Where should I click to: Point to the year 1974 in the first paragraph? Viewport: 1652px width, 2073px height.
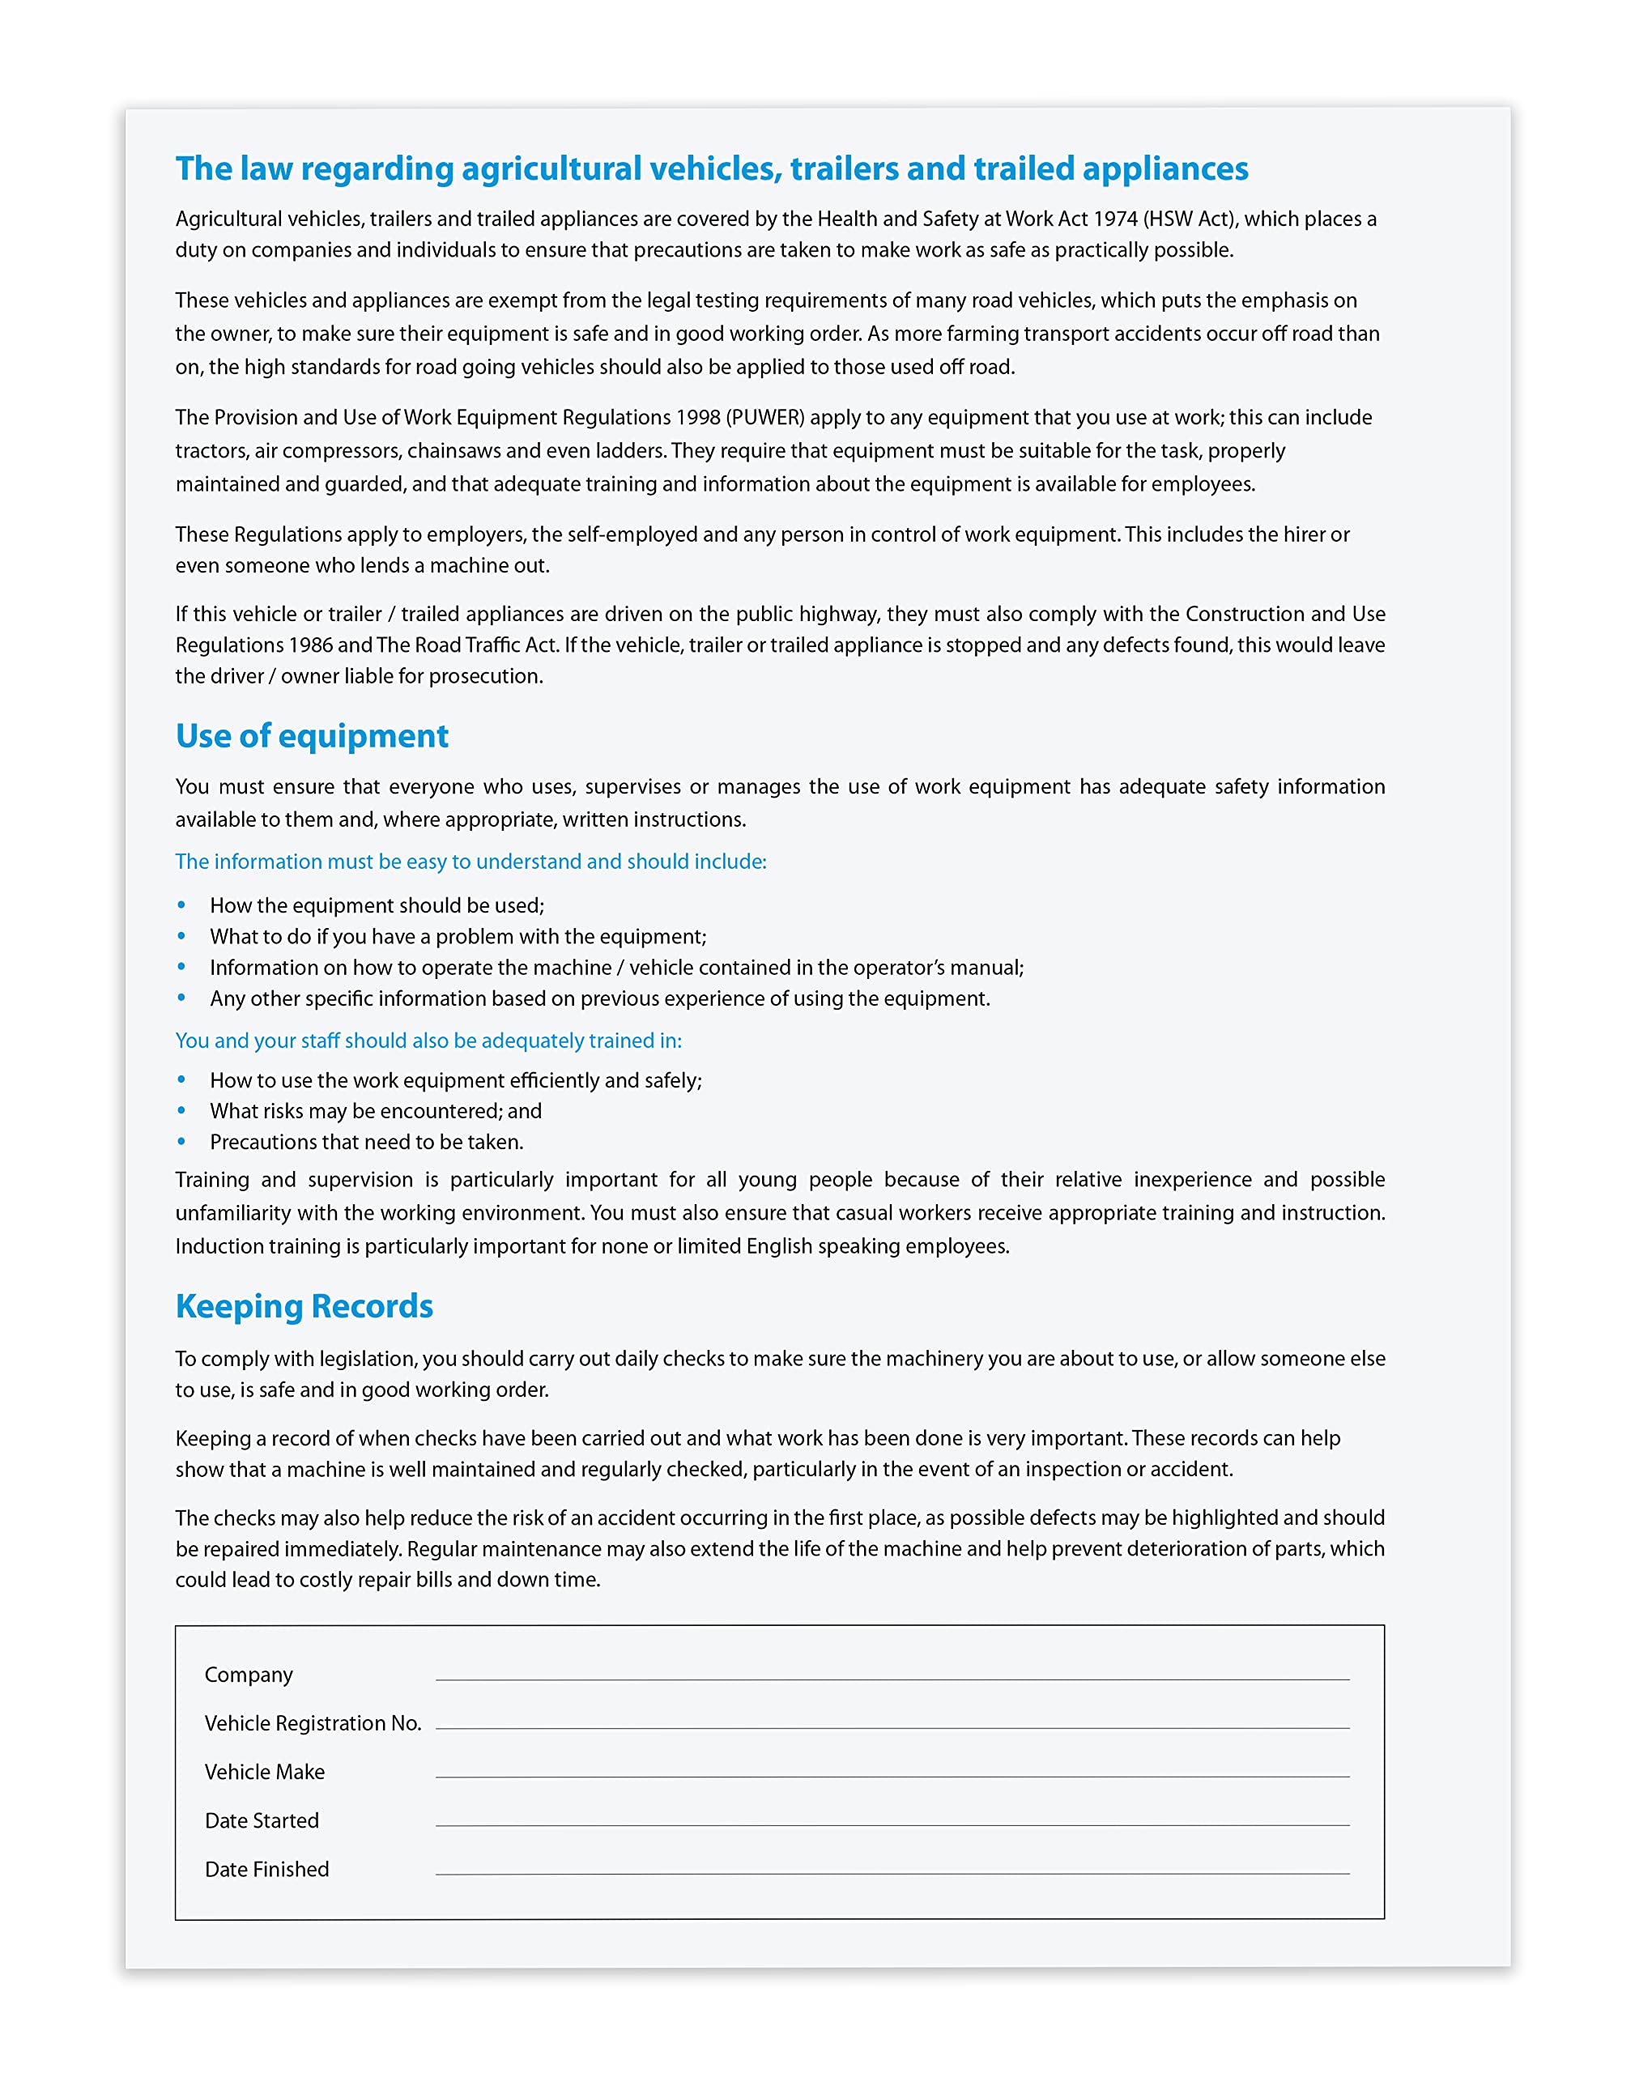[x=1114, y=219]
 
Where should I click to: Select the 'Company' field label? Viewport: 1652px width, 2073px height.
[x=248, y=1675]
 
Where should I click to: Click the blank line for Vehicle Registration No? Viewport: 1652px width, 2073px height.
[x=892, y=1727]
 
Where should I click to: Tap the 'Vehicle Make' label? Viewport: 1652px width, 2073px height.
[x=265, y=1772]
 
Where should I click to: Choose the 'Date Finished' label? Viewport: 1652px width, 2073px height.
[x=266, y=1869]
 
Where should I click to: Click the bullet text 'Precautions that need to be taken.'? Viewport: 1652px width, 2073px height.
[x=366, y=1143]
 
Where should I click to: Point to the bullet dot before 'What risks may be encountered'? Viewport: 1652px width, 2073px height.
[x=181, y=1110]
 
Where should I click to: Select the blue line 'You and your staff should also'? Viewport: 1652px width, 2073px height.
[x=428, y=1041]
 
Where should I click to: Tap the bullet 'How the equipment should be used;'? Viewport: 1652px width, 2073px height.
[x=377, y=906]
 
